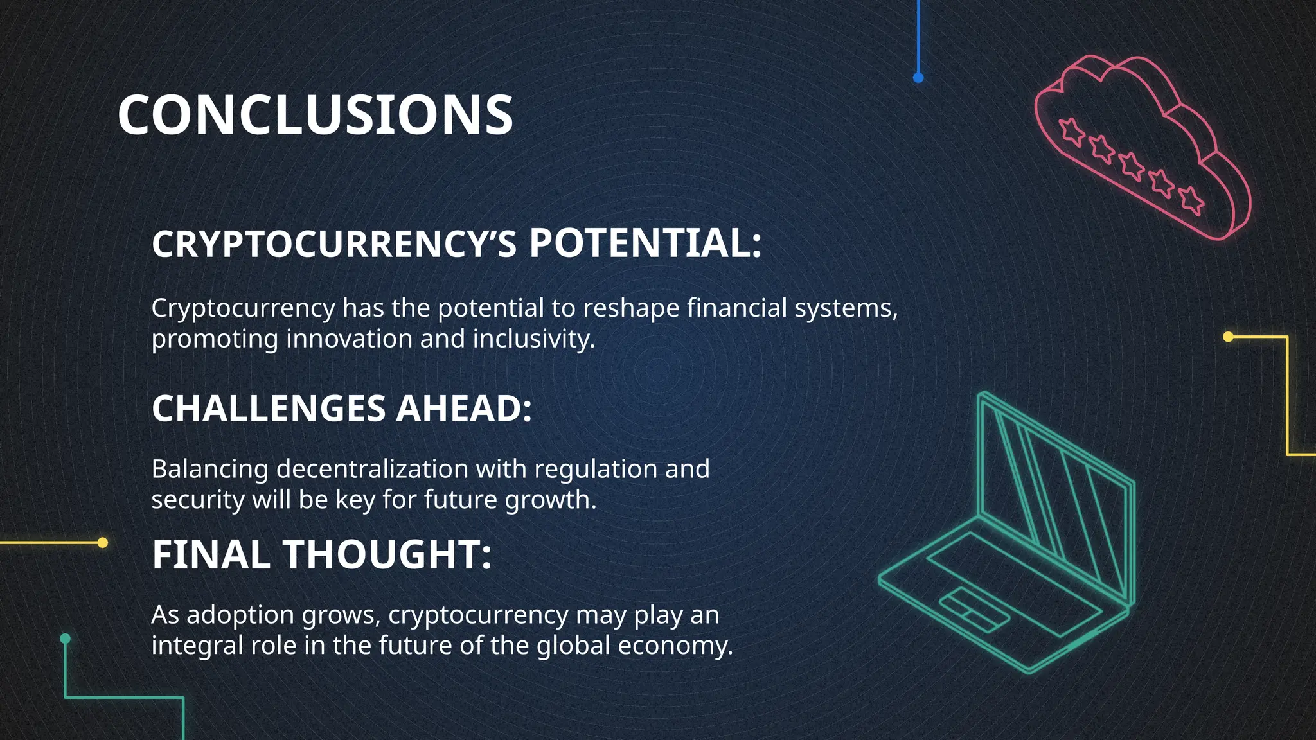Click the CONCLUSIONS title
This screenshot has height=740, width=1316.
[x=315, y=115]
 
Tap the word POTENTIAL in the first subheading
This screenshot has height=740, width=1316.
[x=645, y=244]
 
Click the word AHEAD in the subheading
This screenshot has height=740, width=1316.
[x=464, y=409]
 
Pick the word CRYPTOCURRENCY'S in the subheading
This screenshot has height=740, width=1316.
[x=334, y=245]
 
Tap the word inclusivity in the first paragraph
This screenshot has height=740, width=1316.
[x=533, y=339]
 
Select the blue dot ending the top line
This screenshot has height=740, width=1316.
[x=918, y=78]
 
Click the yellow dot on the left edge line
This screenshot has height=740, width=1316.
[x=102, y=543]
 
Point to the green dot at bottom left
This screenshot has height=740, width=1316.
[x=65, y=639]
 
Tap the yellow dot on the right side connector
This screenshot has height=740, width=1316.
[x=1228, y=337]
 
